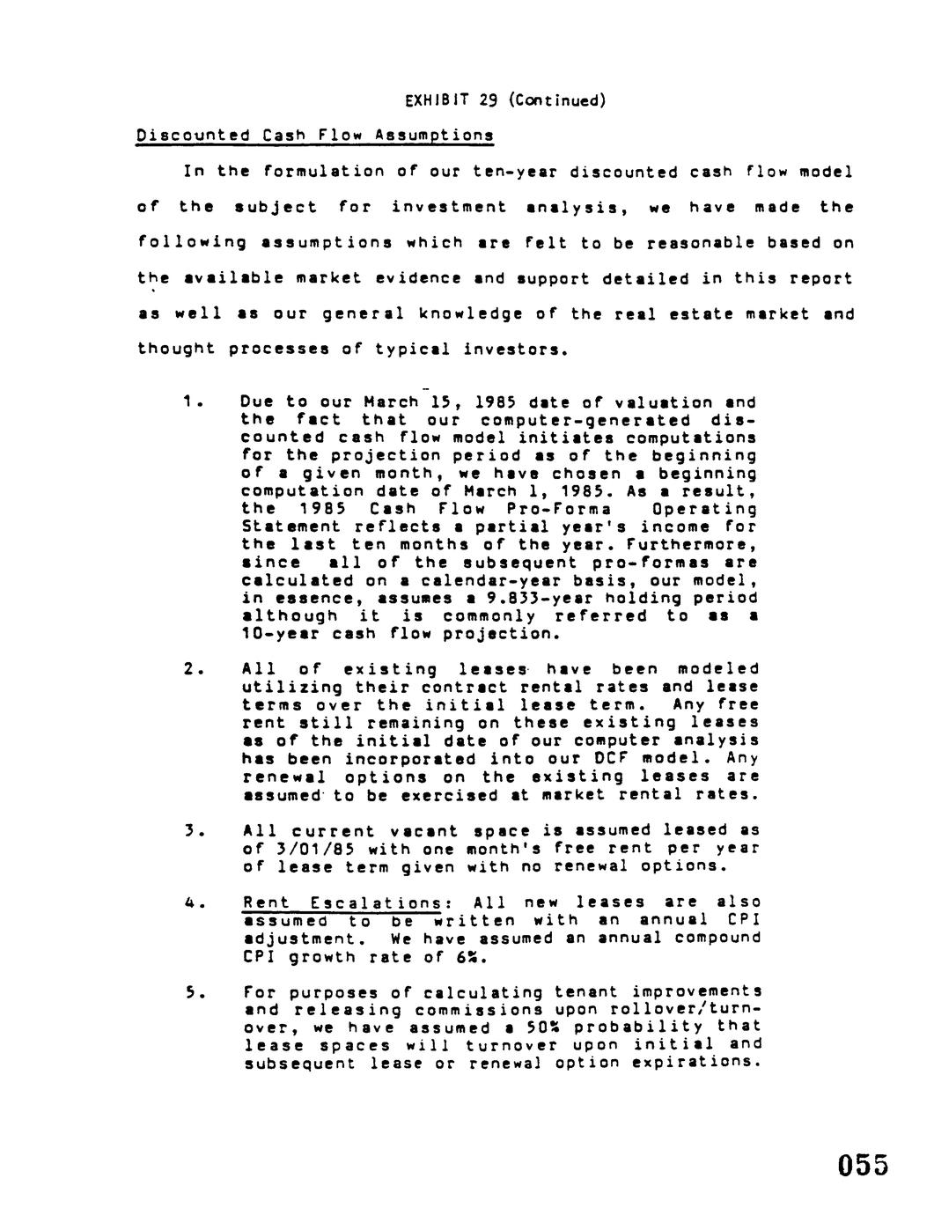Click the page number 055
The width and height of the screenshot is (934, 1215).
pos(863,1165)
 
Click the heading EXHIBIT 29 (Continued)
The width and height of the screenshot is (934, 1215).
pos(505,100)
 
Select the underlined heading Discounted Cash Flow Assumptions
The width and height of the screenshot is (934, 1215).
pos(314,136)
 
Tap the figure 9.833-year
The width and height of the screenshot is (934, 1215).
pos(534,599)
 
